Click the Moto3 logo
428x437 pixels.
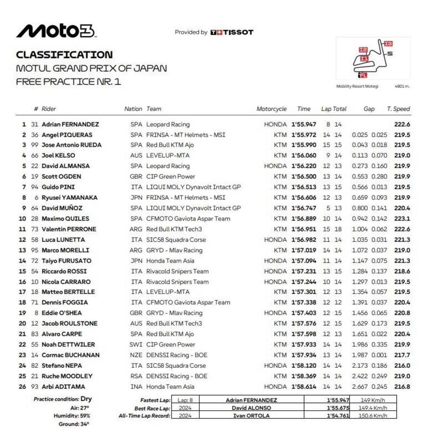coord(56,31)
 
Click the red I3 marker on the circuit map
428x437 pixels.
coord(388,44)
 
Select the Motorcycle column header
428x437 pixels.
coord(271,109)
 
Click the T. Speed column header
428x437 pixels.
coord(398,109)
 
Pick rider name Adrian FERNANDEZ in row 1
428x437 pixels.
coord(70,125)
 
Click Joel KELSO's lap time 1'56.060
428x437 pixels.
coord(304,156)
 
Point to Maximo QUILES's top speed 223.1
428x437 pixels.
coord(402,219)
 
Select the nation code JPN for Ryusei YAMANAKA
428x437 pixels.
coord(136,198)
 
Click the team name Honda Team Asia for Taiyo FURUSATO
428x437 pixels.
coord(170,261)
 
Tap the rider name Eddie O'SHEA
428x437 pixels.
coord(62,313)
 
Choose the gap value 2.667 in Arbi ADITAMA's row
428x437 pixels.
coord(360,387)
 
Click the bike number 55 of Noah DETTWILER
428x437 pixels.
coord(35,345)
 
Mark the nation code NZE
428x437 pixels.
coord(136,355)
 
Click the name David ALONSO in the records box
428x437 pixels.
coord(251,408)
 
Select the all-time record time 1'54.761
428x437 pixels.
coord(338,416)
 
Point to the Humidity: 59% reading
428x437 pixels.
coord(72,416)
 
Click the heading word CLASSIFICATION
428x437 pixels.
coord(64,55)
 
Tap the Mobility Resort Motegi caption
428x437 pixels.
coord(357,86)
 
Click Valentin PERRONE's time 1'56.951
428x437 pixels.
coord(304,229)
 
